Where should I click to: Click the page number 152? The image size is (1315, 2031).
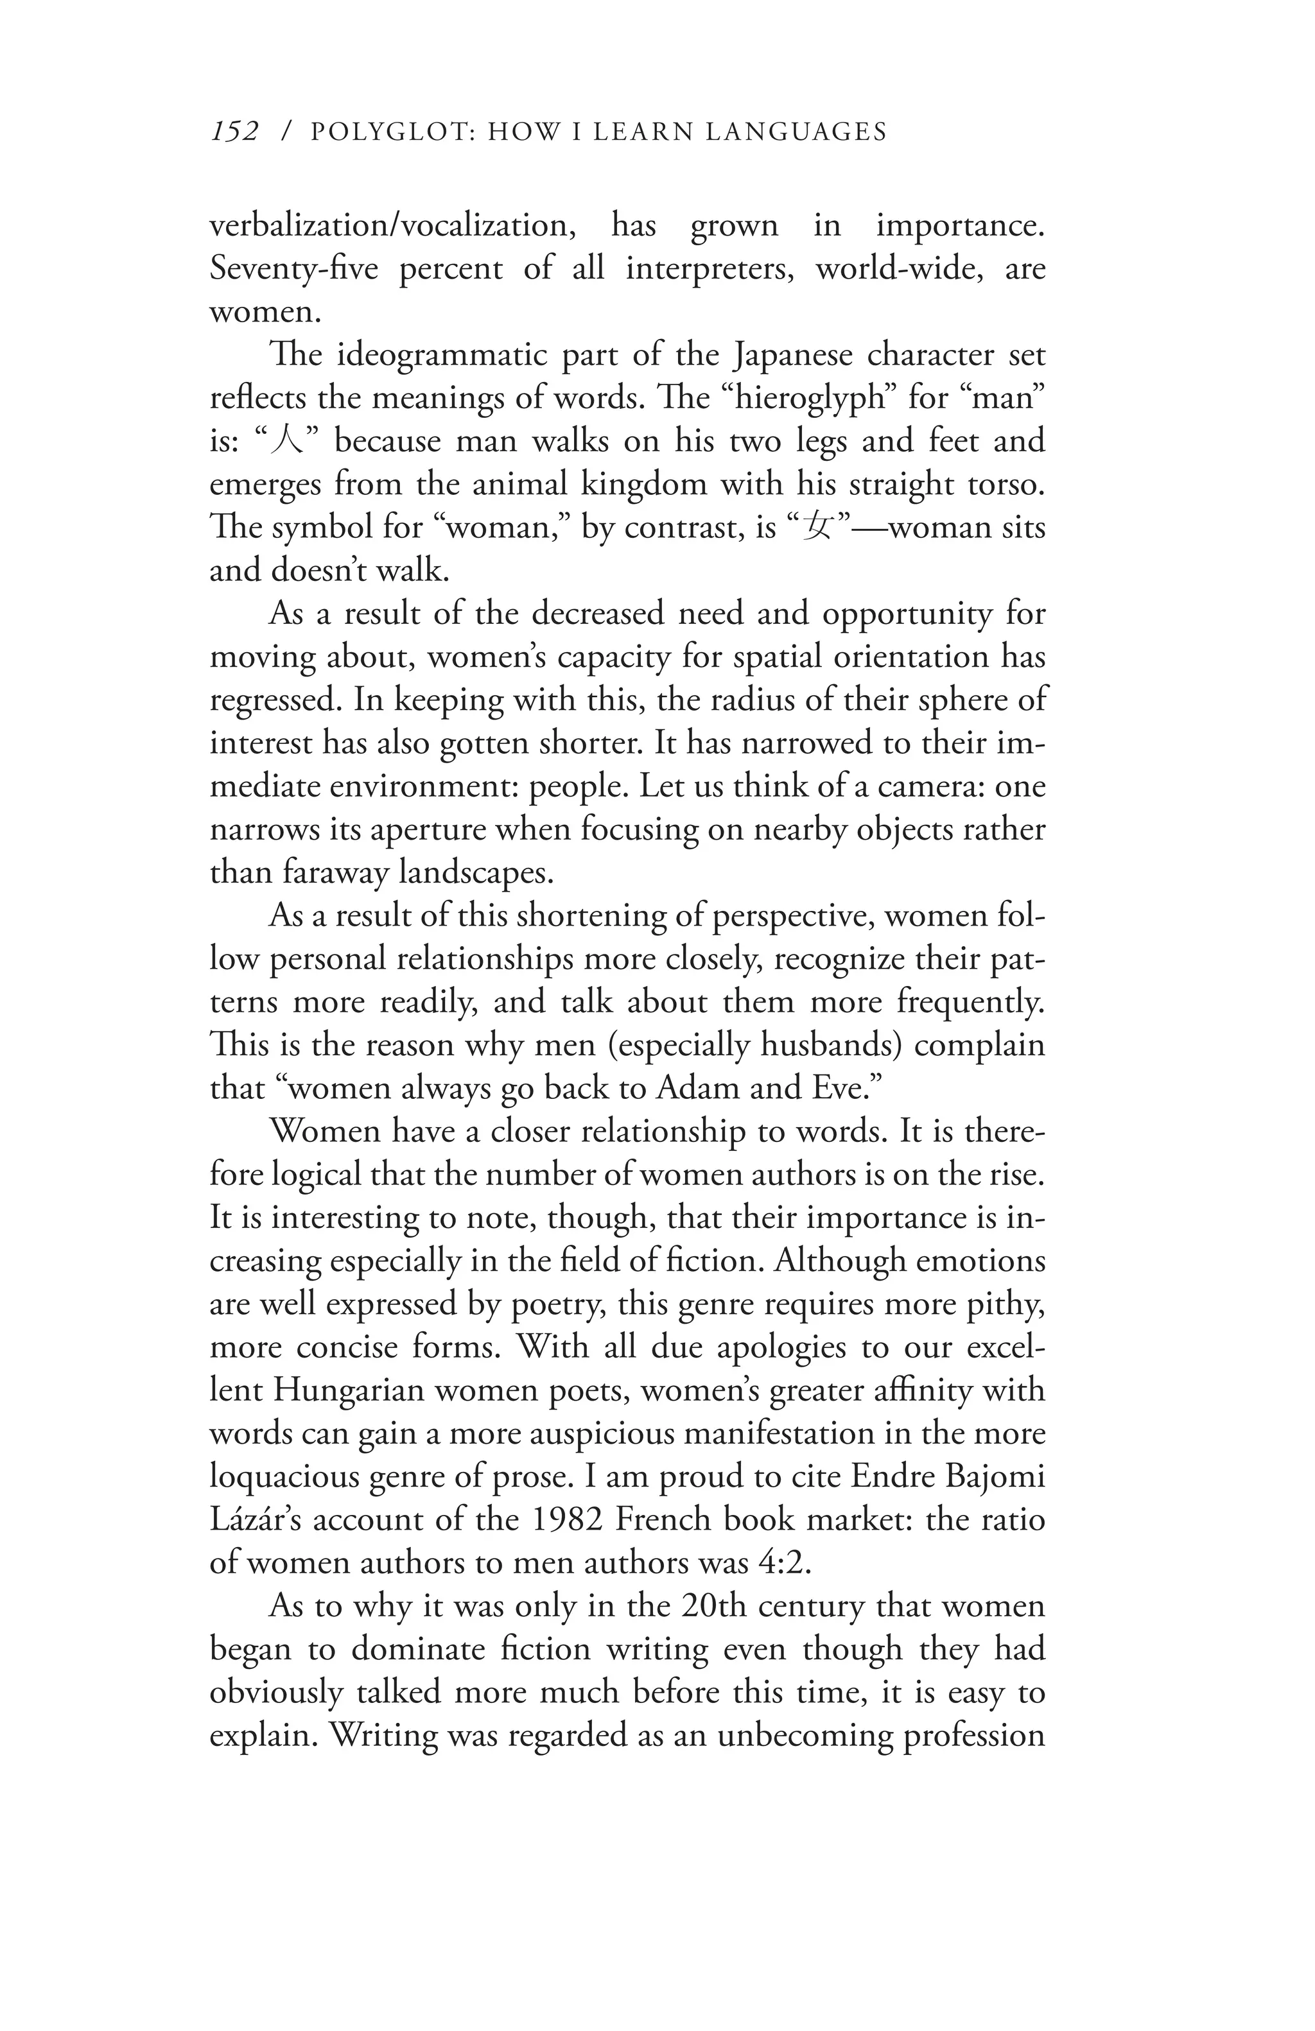click(x=234, y=132)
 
